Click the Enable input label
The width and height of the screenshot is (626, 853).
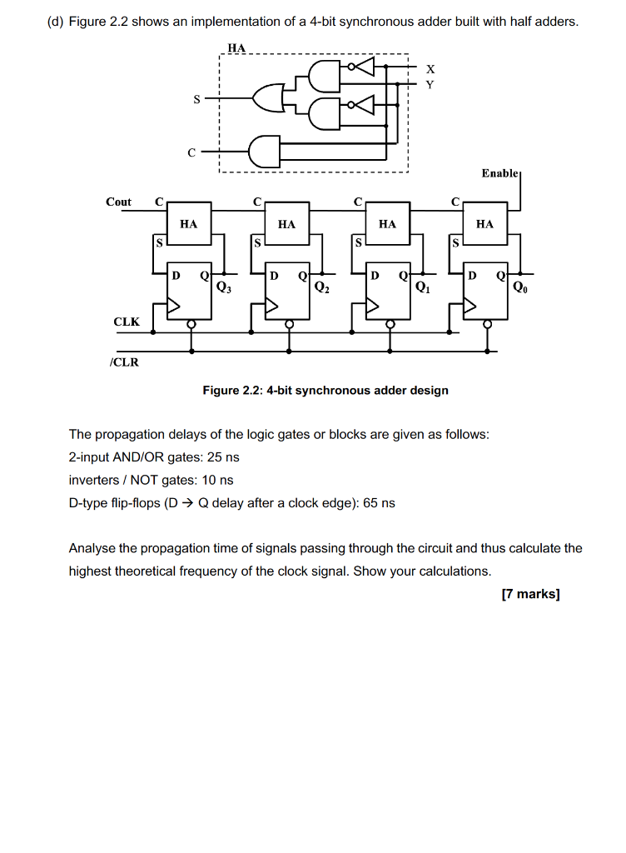[500, 172]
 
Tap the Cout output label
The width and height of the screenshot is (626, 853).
[118, 202]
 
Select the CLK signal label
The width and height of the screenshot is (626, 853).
[127, 321]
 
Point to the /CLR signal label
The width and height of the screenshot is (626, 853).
[124, 362]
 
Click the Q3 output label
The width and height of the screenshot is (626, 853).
[223, 289]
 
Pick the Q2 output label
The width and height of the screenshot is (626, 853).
[322, 289]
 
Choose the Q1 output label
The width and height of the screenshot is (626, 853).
[422, 289]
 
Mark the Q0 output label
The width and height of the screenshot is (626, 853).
[520, 289]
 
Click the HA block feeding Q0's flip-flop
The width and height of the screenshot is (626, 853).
[485, 223]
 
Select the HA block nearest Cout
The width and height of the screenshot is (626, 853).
[189, 223]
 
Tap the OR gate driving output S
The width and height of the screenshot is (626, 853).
[271, 97]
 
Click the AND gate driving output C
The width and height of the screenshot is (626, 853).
[265, 151]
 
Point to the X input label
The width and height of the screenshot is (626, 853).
[430, 68]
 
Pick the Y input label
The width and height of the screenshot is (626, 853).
[430, 83]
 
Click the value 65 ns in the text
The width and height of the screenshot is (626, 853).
[379, 503]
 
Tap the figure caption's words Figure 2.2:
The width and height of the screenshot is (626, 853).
[233, 390]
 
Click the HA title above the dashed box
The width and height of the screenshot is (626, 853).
[236, 48]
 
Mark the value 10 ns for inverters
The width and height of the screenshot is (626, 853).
[216, 480]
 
